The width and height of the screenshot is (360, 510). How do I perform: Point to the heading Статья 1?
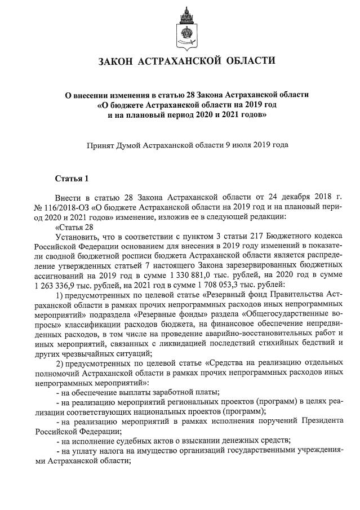click(72, 179)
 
